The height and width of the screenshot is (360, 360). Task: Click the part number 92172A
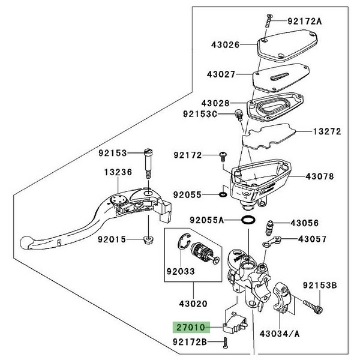(x=305, y=22)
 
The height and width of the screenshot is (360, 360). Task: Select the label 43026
(x=224, y=44)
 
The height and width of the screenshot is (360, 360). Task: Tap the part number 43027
(x=224, y=75)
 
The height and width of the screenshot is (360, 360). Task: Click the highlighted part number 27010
(x=190, y=328)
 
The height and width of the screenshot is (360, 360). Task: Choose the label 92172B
(x=191, y=342)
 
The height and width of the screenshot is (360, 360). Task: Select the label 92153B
(x=320, y=284)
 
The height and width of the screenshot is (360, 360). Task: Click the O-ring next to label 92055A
(x=246, y=221)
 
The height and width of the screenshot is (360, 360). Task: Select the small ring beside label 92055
(x=223, y=195)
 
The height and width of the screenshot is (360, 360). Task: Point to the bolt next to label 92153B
(x=313, y=305)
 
